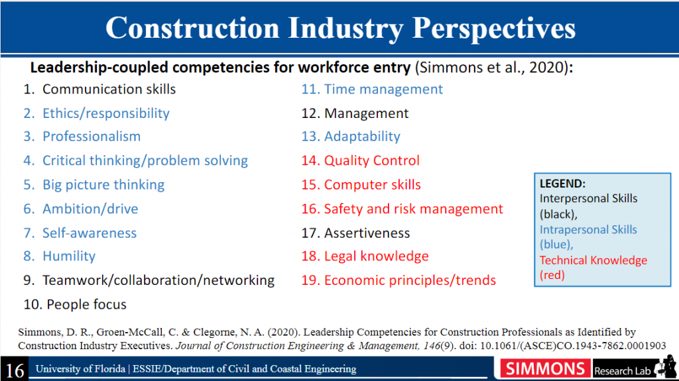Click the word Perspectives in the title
[x=493, y=29]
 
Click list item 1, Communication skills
[x=99, y=89]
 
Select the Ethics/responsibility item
[x=97, y=113]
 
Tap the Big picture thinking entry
[x=94, y=185]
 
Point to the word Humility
[x=69, y=256]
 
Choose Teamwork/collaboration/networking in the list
[x=149, y=280]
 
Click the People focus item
[x=75, y=304]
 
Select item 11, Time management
[x=372, y=89]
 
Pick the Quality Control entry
[x=360, y=160]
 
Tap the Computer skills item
[x=361, y=185]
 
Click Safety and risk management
[x=402, y=209]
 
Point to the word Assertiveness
[x=367, y=233]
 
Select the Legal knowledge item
[x=365, y=256]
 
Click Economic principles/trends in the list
[x=399, y=280]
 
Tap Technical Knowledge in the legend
[x=593, y=260]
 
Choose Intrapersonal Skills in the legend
[x=588, y=229]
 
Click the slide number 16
[x=15, y=370]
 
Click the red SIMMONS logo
[x=545, y=369]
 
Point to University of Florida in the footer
[x=80, y=369]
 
